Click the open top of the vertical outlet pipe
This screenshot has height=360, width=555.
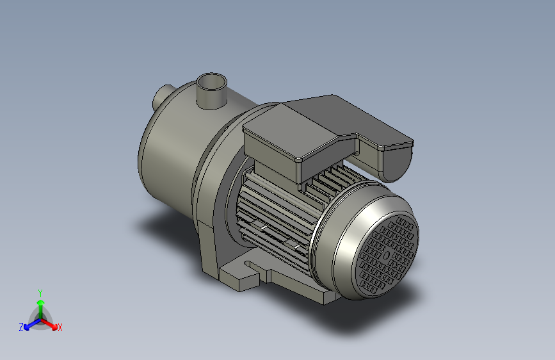coord(211,82)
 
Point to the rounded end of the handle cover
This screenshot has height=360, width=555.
coord(396,162)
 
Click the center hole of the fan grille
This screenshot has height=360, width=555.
coord(387,255)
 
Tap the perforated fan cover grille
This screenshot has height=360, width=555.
coord(387,254)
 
